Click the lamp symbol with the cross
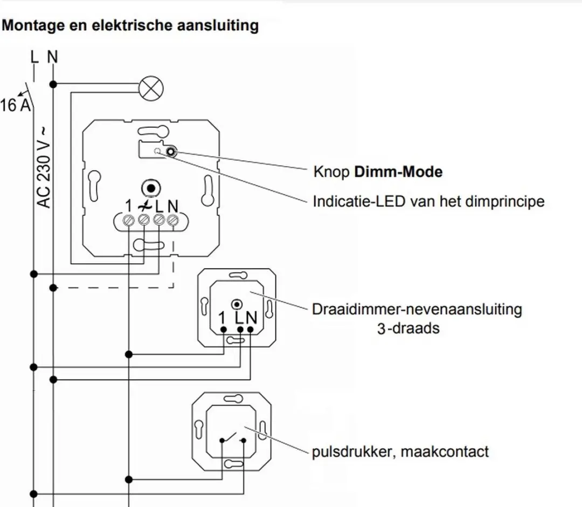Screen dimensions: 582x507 pyautogui.click(x=151, y=88)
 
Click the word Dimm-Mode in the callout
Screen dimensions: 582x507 pyautogui.click(x=398, y=172)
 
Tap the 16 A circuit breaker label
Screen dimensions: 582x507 pyautogui.click(x=15, y=105)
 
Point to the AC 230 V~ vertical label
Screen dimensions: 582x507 pyautogui.click(x=44, y=168)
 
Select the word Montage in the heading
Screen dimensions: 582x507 pyautogui.click(x=33, y=26)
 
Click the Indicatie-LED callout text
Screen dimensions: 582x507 pyautogui.click(x=429, y=201)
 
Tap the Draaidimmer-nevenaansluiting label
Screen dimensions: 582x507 pyautogui.click(x=417, y=309)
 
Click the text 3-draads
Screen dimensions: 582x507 pyautogui.click(x=408, y=328)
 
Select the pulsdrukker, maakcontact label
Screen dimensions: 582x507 pyautogui.click(x=400, y=451)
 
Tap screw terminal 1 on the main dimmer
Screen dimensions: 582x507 pyautogui.click(x=128, y=220)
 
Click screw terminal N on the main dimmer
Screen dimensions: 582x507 pyautogui.click(x=172, y=220)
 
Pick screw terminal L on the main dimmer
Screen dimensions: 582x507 pyautogui.click(x=159, y=220)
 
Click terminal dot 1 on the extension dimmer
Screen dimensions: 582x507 pyautogui.click(x=224, y=330)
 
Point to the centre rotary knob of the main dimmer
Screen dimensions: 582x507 pyautogui.click(x=151, y=189)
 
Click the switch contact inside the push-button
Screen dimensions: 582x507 pyautogui.click(x=233, y=437)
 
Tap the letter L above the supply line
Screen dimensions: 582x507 pyautogui.click(x=34, y=57)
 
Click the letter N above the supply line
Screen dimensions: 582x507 pyautogui.click(x=53, y=57)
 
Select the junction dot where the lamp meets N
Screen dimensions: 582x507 pyautogui.click(x=53, y=85)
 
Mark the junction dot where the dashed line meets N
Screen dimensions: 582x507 pyautogui.click(x=53, y=287)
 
